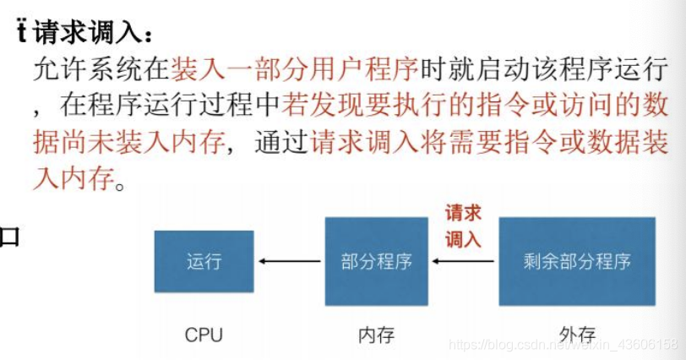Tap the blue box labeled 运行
click(204, 261)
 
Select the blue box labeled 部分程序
click(376, 261)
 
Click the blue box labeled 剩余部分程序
click(577, 261)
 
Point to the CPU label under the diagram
click(204, 335)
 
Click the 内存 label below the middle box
click(376, 335)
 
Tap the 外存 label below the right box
click(578, 335)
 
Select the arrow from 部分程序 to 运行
click(289, 261)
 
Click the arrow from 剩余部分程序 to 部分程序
click(463, 261)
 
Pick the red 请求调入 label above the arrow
click(463, 226)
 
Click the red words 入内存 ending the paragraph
click(73, 179)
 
